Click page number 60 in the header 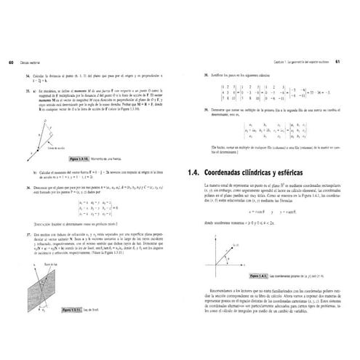[7, 61]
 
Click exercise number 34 [26, 76]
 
